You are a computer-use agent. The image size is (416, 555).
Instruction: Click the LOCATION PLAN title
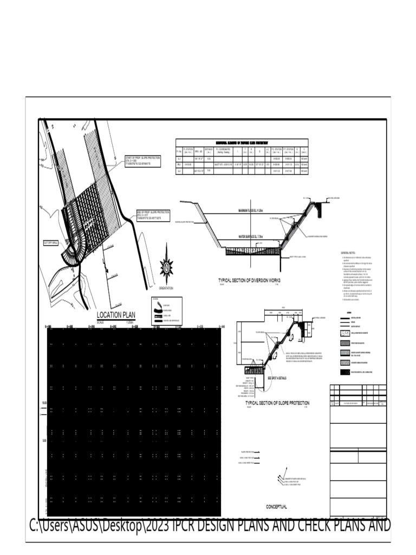point(116,315)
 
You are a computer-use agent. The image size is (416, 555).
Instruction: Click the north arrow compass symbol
point(166,267)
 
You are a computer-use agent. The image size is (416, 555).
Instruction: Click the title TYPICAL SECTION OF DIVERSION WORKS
point(249,280)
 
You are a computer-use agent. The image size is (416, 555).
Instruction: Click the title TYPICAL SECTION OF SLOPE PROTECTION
point(277,403)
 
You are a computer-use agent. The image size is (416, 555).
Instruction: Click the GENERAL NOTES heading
point(348,253)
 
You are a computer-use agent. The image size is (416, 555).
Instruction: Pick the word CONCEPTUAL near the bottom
point(276,507)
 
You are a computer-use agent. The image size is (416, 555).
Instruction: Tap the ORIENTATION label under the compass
point(166,288)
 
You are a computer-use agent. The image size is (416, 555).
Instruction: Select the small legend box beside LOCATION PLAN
point(166,311)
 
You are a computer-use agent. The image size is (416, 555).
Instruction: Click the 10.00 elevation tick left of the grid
point(43,403)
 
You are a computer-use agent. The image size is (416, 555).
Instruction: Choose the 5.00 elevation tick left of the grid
point(43,441)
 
